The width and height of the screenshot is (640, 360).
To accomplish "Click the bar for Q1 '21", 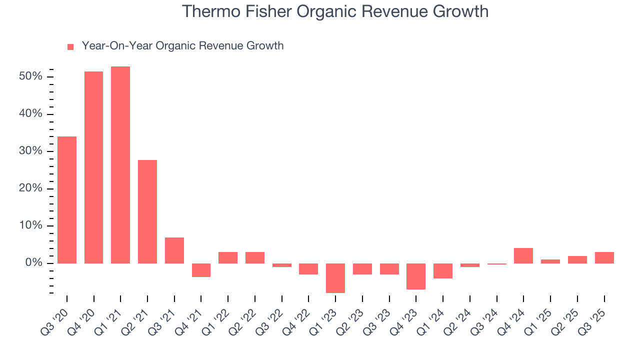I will click(x=120, y=165).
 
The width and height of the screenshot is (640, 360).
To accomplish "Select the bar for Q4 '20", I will click(x=93, y=167).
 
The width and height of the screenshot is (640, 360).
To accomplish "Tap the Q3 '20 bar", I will click(x=67, y=200).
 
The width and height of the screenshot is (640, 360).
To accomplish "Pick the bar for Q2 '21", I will click(x=147, y=211).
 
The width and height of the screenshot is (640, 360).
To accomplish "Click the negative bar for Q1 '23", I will click(x=335, y=278).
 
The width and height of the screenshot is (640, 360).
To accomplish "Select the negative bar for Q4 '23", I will click(x=416, y=276).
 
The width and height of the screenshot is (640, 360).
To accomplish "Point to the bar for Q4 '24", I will click(x=523, y=255).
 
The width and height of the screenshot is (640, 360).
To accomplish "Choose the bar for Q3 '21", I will click(x=174, y=250).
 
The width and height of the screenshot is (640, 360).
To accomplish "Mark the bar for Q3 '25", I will click(x=604, y=257).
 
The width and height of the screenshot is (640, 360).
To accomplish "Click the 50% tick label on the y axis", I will click(x=31, y=76).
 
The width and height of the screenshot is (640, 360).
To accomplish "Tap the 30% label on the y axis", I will click(x=31, y=151).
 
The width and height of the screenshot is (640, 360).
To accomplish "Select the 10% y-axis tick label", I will click(x=31, y=225).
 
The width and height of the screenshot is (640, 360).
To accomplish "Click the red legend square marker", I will click(x=70, y=46).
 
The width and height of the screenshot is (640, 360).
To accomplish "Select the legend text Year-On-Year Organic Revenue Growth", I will click(x=182, y=46).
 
